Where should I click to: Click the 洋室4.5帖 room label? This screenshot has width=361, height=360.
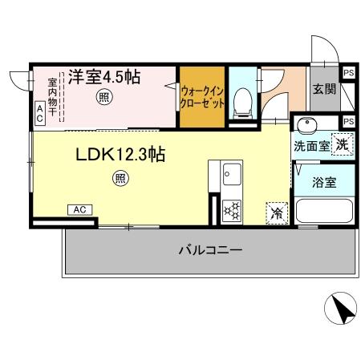pos(104,77)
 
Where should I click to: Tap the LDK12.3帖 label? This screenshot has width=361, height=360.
pos(120,154)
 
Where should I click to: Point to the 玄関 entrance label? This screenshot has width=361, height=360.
pos(324,89)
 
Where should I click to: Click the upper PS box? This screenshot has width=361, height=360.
pos(348,73)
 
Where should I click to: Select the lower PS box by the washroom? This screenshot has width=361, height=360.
pos(348,121)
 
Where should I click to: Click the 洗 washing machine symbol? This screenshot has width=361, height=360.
pos(341,145)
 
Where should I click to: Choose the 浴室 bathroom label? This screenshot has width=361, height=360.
pos(324,181)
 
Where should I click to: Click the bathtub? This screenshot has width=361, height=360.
pos(324,212)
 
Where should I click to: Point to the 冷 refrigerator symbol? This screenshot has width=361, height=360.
pos(276,212)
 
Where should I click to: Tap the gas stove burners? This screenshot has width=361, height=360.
pos(232,210)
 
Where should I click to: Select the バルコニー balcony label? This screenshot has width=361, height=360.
pos(210,250)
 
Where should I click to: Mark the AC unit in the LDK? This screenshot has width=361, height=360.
pos(79,209)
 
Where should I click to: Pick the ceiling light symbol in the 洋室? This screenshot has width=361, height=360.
pos(103,98)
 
